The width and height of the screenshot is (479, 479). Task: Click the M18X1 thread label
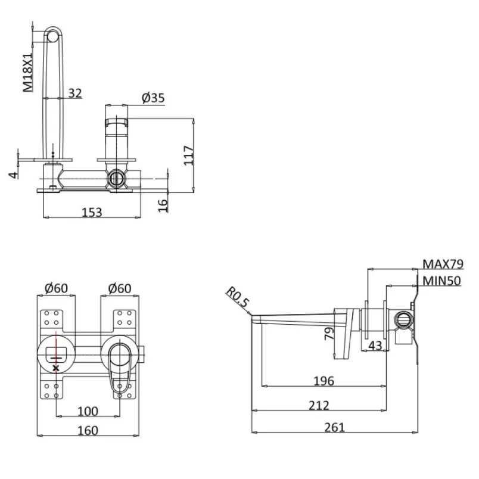click(x=28, y=72)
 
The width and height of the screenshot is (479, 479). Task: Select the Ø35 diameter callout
click(x=153, y=98)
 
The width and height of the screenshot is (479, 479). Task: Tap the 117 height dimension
click(x=188, y=155)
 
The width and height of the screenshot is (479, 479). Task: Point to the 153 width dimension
click(x=92, y=212)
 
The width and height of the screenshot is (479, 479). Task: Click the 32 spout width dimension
click(x=75, y=93)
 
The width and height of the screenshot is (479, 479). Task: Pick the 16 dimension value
click(x=163, y=206)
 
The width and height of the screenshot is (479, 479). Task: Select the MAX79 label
click(x=443, y=265)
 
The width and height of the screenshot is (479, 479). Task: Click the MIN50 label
click(x=441, y=281)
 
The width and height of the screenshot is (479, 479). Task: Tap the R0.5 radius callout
click(x=237, y=297)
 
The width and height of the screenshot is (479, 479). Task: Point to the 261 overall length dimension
click(x=334, y=427)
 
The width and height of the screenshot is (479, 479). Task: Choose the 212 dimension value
click(x=319, y=405)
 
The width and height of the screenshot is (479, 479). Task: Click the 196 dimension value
click(x=324, y=381)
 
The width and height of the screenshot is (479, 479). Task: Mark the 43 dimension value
click(x=375, y=346)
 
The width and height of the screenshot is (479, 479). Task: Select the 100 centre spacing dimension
click(x=88, y=411)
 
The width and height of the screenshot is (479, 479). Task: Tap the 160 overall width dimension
click(x=88, y=430)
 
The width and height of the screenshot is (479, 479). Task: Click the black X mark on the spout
click(x=55, y=368)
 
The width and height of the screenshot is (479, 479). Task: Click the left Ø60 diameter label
click(x=56, y=288)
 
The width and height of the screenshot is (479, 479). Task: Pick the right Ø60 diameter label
click(x=120, y=288)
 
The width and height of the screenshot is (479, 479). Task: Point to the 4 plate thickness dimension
click(x=14, y=175)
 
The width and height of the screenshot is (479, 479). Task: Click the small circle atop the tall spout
click(x=53, y=37)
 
